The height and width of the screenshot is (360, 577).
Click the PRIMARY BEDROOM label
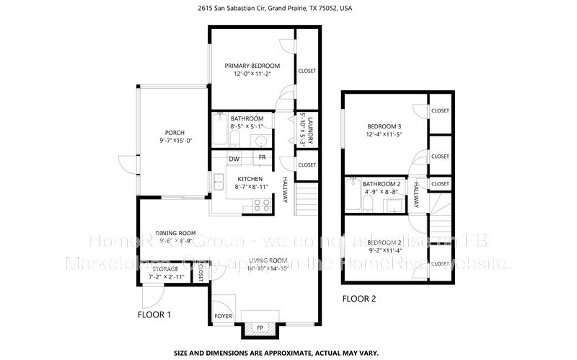tap(251, 65)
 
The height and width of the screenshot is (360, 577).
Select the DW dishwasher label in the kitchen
tap(234, 159)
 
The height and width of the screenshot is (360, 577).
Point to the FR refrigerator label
tap(262, 157)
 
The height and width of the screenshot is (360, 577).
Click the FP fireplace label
tap(260, 328)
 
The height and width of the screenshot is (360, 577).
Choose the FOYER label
tap(223, 317)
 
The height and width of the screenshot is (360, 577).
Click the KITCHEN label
tap(249, 178)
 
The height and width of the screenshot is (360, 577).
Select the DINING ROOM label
tap(177, 233)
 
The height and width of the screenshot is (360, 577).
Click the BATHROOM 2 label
tap(381, 184)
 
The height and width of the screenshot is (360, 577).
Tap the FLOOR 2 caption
tap(358, 298)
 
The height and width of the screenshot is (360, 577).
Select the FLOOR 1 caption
tap(154, 315)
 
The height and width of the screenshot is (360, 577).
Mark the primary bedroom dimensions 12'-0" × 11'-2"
tap(251, 74)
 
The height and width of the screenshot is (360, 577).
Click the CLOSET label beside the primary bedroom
tap(307, 71)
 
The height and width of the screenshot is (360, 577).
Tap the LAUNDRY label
tap(308, 130)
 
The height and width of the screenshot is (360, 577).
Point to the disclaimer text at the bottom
tap(288, 354)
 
